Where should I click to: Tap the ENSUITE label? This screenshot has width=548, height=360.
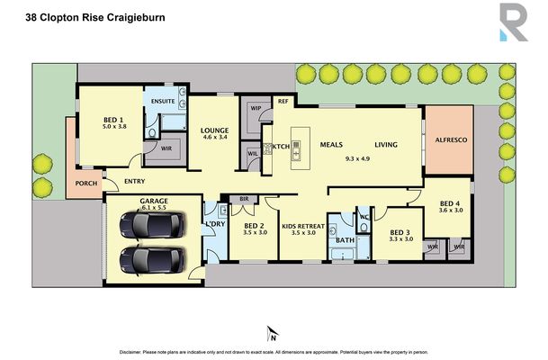click(163, 102)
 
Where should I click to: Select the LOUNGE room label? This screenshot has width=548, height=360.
click(215, 130)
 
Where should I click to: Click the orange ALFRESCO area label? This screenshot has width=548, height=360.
click(448, 140)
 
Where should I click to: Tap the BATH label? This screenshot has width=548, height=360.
click(343, 240)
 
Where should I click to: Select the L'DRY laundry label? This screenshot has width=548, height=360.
click(214, 223)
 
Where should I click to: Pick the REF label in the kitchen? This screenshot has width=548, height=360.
click(282, 102)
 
